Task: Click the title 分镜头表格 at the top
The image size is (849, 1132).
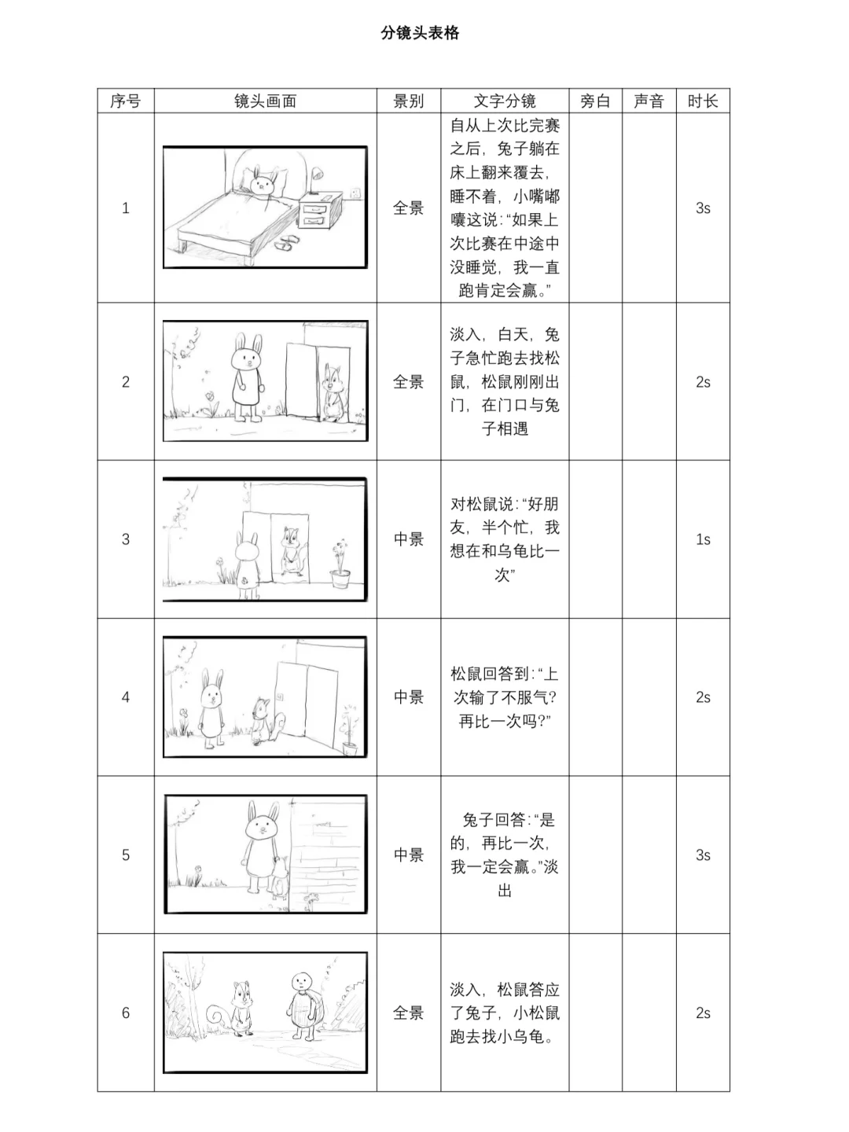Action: tap(420, 33)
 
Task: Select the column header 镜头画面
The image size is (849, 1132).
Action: tap(265, 101)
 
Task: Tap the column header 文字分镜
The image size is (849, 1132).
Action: tap(505, 101)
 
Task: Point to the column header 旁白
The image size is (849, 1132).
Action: tap(595, 101)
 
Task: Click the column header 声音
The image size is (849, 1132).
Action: tap(649, 101)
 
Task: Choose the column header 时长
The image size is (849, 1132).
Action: tap(703, 101)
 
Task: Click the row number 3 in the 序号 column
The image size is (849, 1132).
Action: tap(126, 539)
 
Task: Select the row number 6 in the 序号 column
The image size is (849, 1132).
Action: tap(126, 1013)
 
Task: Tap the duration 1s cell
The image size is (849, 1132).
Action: tap(703, 539)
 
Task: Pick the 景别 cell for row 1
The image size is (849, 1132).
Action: tap(409, 208)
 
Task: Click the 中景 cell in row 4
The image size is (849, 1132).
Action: tap(409, 697)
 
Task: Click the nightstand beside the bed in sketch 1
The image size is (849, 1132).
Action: tap(319, 213)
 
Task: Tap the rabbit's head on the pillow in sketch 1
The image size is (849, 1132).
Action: tap(262, 184)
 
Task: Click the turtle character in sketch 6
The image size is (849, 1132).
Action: tap(302, 1006)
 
